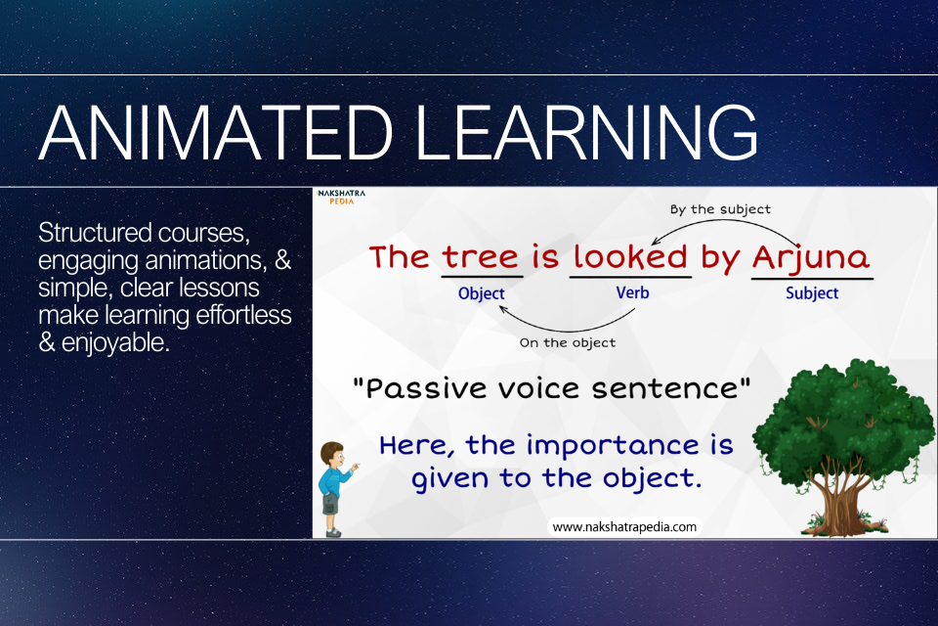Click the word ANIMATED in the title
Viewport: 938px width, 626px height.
(x=216, y=132)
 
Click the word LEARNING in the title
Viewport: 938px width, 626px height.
(x=586, y=132)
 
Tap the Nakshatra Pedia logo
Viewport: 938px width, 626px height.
(x=342, y=197)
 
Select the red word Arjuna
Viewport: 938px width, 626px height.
(x=811, y=258)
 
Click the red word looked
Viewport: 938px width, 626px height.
(x=630, y=257)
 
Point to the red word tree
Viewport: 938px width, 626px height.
(x=481, y=257)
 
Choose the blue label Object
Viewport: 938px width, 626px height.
(x=482, y=293)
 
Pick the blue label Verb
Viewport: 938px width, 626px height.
(x=632, y=292)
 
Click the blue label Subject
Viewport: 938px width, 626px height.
(x=812, y=292)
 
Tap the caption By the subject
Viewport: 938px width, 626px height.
(x=720, y=209)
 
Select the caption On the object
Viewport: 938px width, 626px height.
(x=567, y=342)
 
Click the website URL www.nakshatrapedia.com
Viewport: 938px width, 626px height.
(x=624, y=527)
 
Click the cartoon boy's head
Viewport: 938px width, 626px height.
(x=332, y=455)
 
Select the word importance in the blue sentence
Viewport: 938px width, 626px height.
(x=613, y=447)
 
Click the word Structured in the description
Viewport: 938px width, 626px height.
(x=95, y=233)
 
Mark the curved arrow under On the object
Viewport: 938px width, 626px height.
(x=566, y=329)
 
